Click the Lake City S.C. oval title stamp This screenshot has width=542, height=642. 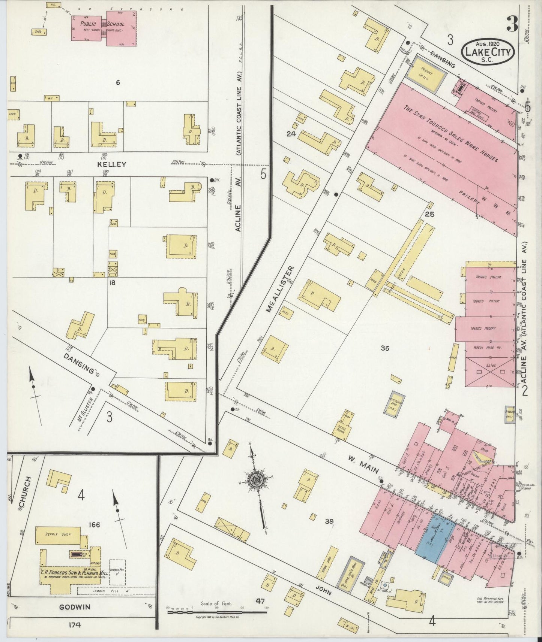tap(488, 52)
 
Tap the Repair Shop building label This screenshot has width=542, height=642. tap(57, 535)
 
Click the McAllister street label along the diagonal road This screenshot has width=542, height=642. tap(280, 289)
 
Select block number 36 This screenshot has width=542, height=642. tap(384, 348)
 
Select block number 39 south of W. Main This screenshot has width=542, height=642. tap(329, 521)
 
